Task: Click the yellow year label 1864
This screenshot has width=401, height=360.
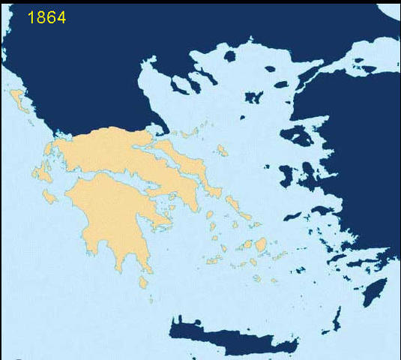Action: point(46,16)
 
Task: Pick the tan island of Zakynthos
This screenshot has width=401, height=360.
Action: point(50,196)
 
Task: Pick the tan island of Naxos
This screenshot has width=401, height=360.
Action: point(261,244)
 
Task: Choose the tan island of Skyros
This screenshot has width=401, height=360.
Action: point(221,150)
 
